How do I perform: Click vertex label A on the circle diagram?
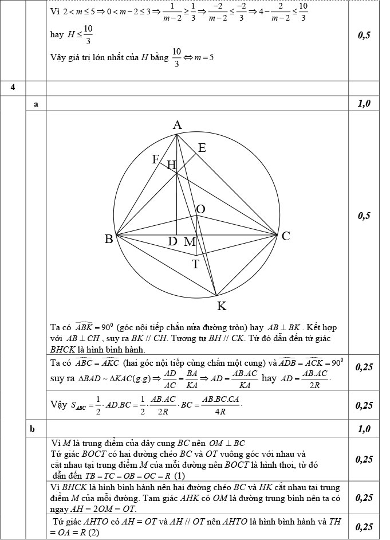click(178, 125)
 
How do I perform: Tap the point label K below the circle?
click(222, 306)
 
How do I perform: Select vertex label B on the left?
click(108, 239)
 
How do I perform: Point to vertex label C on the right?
click(286, 236)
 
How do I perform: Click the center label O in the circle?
click(201, 209)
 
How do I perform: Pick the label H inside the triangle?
click(171, 166)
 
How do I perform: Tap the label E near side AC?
click(202, 148)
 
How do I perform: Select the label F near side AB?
click(155, 159)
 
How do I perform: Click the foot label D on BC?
click(172, 242)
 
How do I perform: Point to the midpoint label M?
click(190, 242)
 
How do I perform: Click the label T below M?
click(195, 264)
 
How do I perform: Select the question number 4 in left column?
click(12, 87)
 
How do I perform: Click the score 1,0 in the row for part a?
click(364, 104)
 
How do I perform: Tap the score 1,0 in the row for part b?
click(364, 429)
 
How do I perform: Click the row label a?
click(36, 104)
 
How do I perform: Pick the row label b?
click(36, 429)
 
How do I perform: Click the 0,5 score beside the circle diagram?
click(364, 216)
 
